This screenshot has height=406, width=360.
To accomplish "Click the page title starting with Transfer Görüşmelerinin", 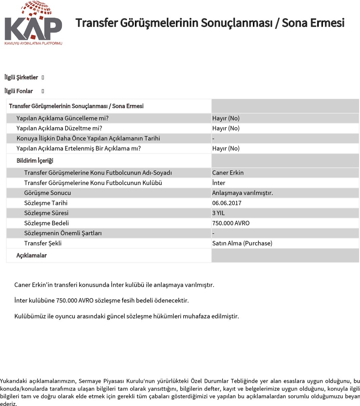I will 210,23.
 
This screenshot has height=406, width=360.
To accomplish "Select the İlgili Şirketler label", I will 21,77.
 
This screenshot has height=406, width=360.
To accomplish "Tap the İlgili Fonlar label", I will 19,91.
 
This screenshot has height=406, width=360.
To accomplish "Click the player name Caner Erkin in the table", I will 228,173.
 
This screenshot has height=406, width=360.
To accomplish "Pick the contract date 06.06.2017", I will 227,203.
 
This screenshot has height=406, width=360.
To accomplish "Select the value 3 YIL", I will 218,213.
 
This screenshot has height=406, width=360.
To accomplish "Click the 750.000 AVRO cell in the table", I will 231,223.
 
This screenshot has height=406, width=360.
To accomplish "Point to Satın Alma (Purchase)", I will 242,243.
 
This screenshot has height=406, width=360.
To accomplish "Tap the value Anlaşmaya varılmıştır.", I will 242,193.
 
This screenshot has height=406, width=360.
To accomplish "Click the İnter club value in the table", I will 218,183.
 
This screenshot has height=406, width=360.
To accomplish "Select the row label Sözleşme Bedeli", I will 46,223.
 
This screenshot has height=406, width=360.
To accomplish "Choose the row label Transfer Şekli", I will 43,243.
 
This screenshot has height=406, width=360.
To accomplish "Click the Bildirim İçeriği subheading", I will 35,160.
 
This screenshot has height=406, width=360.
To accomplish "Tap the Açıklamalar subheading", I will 31,255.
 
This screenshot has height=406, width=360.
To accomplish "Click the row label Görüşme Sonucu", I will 47,193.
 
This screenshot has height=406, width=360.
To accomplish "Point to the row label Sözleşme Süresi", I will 46,213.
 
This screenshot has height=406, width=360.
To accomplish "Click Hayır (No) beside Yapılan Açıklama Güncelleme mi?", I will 226,118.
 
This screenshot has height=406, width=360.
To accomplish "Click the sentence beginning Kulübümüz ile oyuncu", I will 127,316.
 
